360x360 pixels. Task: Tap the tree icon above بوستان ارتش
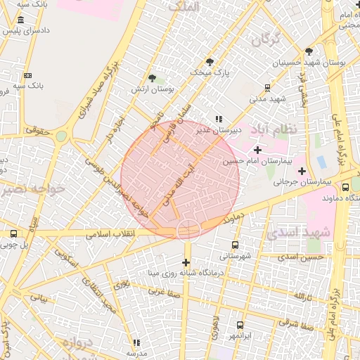pos(153,78)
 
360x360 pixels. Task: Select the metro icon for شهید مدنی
pos(266,87)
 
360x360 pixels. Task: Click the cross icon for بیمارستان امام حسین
pos(257,150)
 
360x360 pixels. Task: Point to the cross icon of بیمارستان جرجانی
pos(302,170)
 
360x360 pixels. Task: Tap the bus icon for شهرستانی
pos(235,245)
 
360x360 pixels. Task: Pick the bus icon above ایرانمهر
pos(240,325)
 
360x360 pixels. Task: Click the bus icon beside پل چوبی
pos(13,233)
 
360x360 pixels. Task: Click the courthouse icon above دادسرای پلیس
pos(22,20)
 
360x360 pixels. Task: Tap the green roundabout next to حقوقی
pos(61,136)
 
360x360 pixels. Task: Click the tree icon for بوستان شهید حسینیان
pos(309,51)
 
